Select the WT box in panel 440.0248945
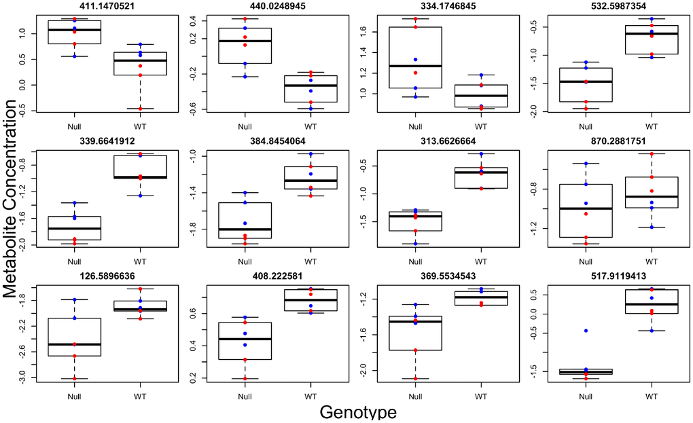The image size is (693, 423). [310, 89]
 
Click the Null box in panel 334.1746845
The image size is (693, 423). [415, 58]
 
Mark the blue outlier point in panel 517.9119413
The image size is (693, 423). [586, 331]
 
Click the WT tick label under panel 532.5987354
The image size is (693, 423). [652, 126]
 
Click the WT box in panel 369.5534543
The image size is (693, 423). [481, 298]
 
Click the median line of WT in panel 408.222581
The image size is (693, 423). [310, 299]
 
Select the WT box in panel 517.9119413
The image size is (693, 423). [652, 301]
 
